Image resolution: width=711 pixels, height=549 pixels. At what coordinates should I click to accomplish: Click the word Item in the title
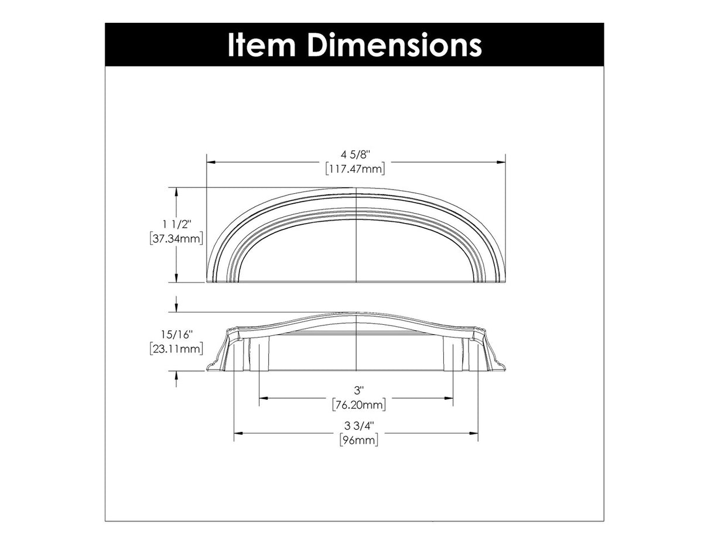tap(260, 45)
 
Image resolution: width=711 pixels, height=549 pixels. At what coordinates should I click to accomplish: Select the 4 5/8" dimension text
tap(355, 155)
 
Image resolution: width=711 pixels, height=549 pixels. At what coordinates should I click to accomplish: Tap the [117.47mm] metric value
tap(355, 169)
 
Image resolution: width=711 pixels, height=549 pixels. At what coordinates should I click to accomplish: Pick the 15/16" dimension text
tap(177, 334)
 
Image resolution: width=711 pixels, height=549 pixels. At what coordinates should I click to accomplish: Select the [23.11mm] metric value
tap(176, 349)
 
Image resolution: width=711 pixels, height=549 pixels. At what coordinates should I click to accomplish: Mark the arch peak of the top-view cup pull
tap(357, 189)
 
